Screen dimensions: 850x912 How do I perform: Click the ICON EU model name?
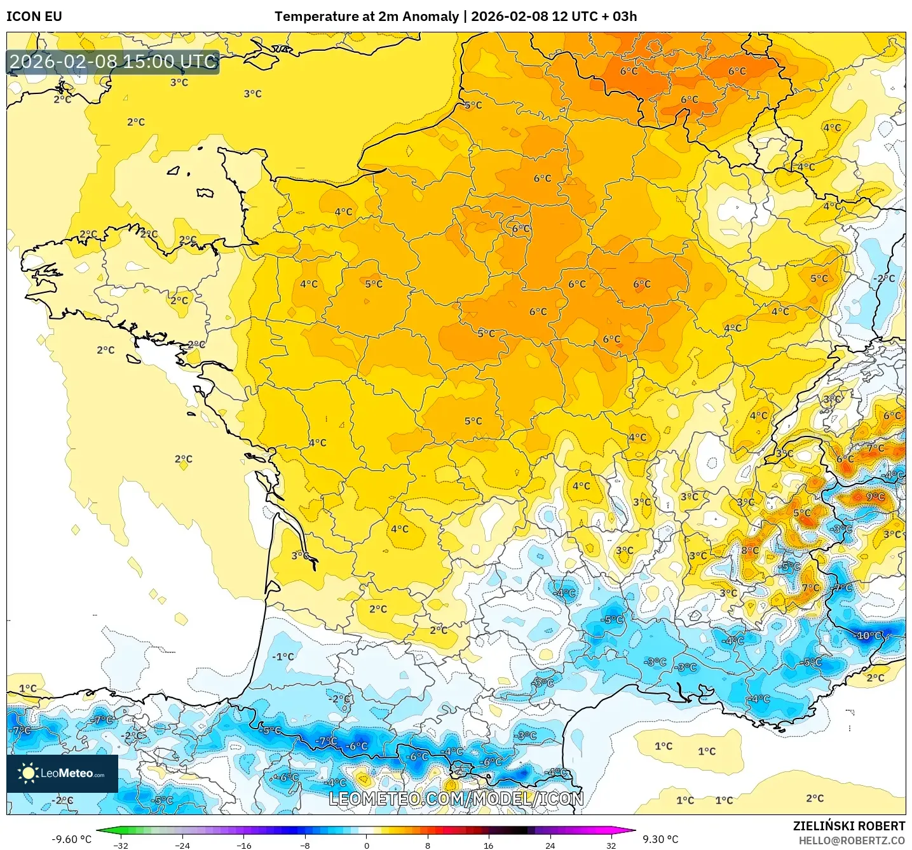coord(34,17)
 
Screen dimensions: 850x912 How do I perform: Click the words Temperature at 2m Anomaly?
coord(366,17)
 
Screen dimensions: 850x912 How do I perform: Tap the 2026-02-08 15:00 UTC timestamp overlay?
coord(113,62)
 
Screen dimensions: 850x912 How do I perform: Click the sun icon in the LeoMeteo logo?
coord(28,773)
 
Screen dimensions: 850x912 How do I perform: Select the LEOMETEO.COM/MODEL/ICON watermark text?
coord(456,799)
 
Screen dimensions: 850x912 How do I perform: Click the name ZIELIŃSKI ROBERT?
coord(848,826)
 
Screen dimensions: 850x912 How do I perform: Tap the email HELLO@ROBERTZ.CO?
coord(852,840)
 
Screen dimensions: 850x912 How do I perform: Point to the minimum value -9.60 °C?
coord(71,839)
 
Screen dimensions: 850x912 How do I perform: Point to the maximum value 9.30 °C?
coord(660,839)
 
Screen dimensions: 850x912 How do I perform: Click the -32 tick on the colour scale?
coord(121,846)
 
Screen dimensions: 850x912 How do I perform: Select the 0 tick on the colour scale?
coord(366,846)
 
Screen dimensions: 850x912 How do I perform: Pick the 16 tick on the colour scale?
coord(488,846)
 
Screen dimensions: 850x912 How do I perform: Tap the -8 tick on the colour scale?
coord(305,846)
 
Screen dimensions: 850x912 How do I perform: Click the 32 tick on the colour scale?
coord(611,846)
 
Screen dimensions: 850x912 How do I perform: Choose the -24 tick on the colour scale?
coord(182,846)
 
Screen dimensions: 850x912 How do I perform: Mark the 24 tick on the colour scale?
coord(550,846)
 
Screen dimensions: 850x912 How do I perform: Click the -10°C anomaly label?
coord(869,635)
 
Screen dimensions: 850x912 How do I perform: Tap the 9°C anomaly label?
coord(875,497)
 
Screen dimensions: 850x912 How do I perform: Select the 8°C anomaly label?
coord(750,550)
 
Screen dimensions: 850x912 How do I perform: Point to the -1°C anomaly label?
coord(283,656)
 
